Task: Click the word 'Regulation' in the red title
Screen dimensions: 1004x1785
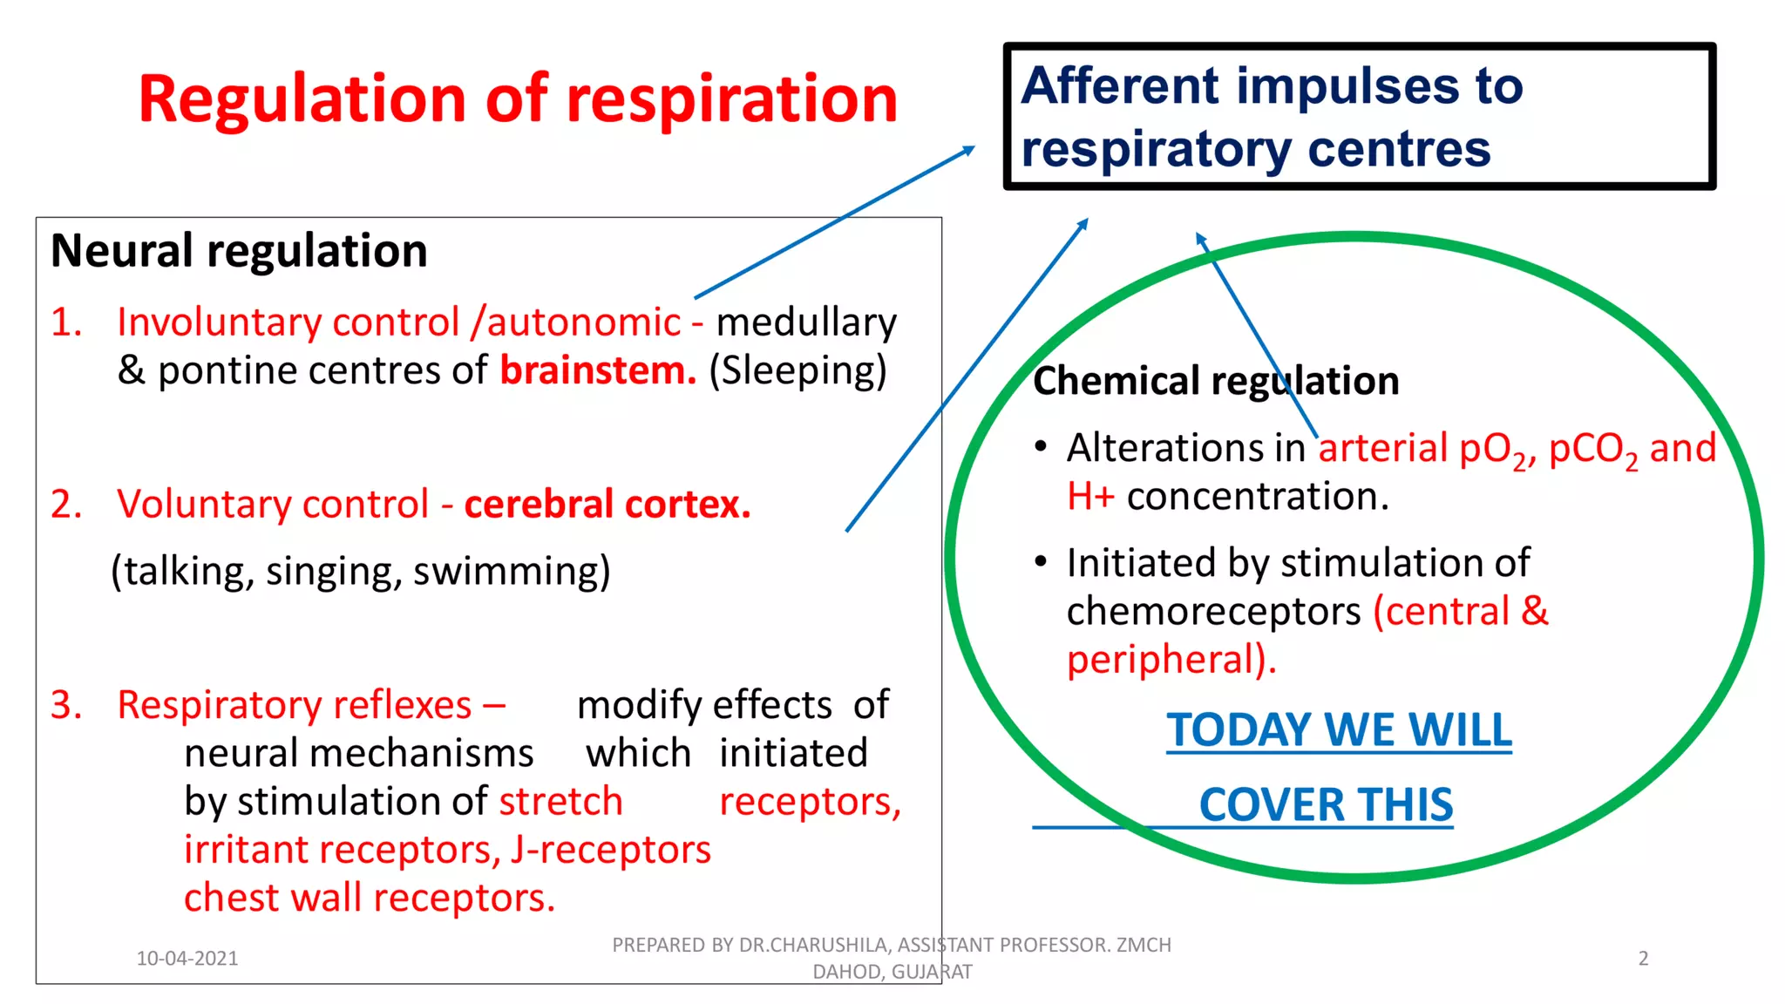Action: click(302, 99)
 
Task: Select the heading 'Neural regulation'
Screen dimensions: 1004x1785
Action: click(239, 251)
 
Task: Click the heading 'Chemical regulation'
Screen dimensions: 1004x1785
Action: click(1215, 381)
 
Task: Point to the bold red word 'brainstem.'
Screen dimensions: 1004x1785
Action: click(598, 370)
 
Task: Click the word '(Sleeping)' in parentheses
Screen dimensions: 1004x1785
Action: click(797, 371)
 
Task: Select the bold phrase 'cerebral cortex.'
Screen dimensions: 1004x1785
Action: click(607, 505)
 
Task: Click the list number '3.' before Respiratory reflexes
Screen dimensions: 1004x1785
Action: click(66, 705)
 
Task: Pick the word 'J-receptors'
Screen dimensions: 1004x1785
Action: click(611, 850)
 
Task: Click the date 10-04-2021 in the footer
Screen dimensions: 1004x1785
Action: click(187, 959)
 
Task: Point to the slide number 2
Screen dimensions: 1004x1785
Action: click(1643, 959)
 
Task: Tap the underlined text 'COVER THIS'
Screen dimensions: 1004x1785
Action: click(1326, 804)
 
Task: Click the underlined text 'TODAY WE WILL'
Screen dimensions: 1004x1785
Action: click(1339, 730)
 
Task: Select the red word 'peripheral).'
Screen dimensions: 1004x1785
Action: click(1171, 660)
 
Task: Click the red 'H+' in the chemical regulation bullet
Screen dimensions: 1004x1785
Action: click(1090, 497)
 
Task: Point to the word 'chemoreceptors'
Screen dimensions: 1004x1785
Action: click(1213, 612)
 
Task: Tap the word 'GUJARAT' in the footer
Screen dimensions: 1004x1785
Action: click(932, 972)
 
